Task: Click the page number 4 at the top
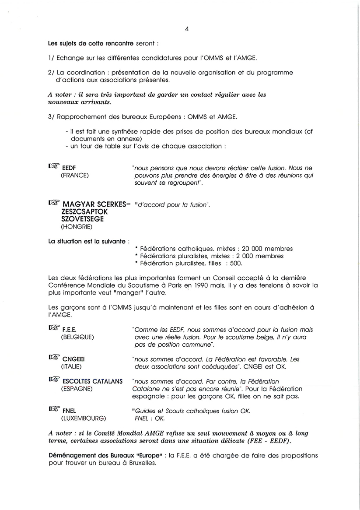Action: [x=187, y=29]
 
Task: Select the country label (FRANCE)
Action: [x=74, y=176]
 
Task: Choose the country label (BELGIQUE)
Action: [x=77, y=337]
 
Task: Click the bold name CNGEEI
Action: [x=73, y=359]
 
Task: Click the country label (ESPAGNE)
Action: [x=76, y=389]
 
